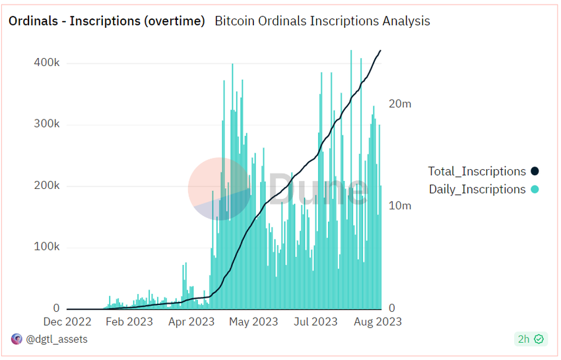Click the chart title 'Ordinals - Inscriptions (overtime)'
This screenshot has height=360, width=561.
[x=106, y=21]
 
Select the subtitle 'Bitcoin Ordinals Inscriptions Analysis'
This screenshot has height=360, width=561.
[x=322, y=21]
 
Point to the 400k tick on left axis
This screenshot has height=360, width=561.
[x=47, y=63]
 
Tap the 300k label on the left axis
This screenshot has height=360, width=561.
[x=47, y=124]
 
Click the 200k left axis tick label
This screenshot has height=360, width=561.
[x=47, y=186]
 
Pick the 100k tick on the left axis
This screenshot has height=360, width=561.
[x=47, y=247]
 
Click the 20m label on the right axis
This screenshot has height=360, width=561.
[x=400, y=104]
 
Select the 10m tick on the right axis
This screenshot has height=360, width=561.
[x=400, y=205]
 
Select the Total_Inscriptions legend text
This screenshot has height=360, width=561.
[x=477, y=172]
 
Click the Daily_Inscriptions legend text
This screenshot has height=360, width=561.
[x=477, y=190]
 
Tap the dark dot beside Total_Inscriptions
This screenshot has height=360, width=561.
[x=534, y=172]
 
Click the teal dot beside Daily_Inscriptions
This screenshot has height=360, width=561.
[x=534, y=190]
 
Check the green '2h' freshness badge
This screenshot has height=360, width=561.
[x=530, y=340]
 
